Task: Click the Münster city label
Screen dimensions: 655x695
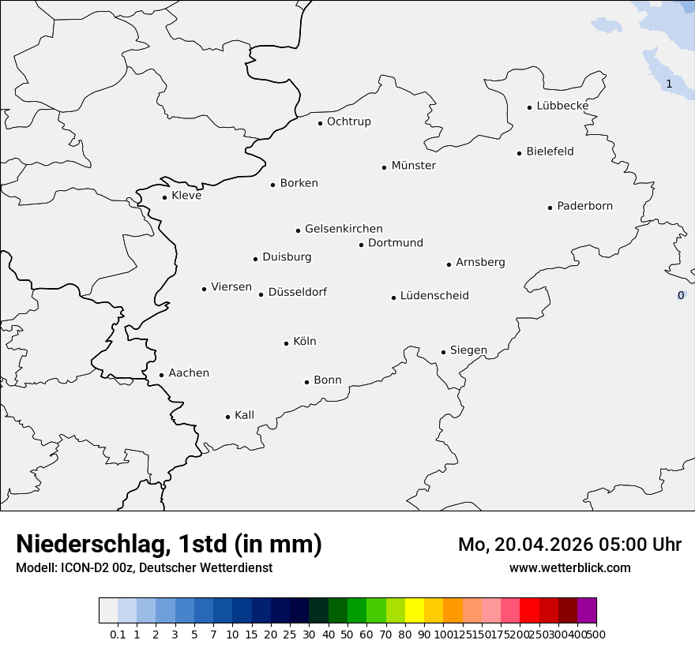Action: [x=414, y=166]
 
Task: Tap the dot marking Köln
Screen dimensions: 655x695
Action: [x=286, y=343]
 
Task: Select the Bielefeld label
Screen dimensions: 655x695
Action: [x=550, y=152]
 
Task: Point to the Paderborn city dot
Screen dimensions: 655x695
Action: [x=550, y=208]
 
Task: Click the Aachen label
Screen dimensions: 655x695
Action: [x=189, y=373]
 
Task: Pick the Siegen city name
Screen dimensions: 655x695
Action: [x=468, y=350]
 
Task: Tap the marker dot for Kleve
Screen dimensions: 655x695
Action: [x=164, y=197]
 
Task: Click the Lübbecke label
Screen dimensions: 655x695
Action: [x=562, y=106]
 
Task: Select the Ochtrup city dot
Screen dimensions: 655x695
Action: [x=320, y=123]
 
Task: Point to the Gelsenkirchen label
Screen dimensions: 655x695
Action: [x=344, y=229]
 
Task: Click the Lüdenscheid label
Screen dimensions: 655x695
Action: [x=434, y=296]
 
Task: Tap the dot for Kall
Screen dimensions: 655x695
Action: [x=227, y=417]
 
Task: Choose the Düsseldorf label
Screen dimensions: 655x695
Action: [x=298, y=292]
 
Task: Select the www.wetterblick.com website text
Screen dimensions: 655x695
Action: [x=569, y=567]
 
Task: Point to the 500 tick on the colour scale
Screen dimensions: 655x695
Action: [x=596, y=634]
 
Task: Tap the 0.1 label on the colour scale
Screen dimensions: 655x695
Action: [x=118, y=634]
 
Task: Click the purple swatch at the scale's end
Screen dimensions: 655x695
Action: [x=587, y=611]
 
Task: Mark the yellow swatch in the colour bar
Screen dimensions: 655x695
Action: [x=415, y=611]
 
